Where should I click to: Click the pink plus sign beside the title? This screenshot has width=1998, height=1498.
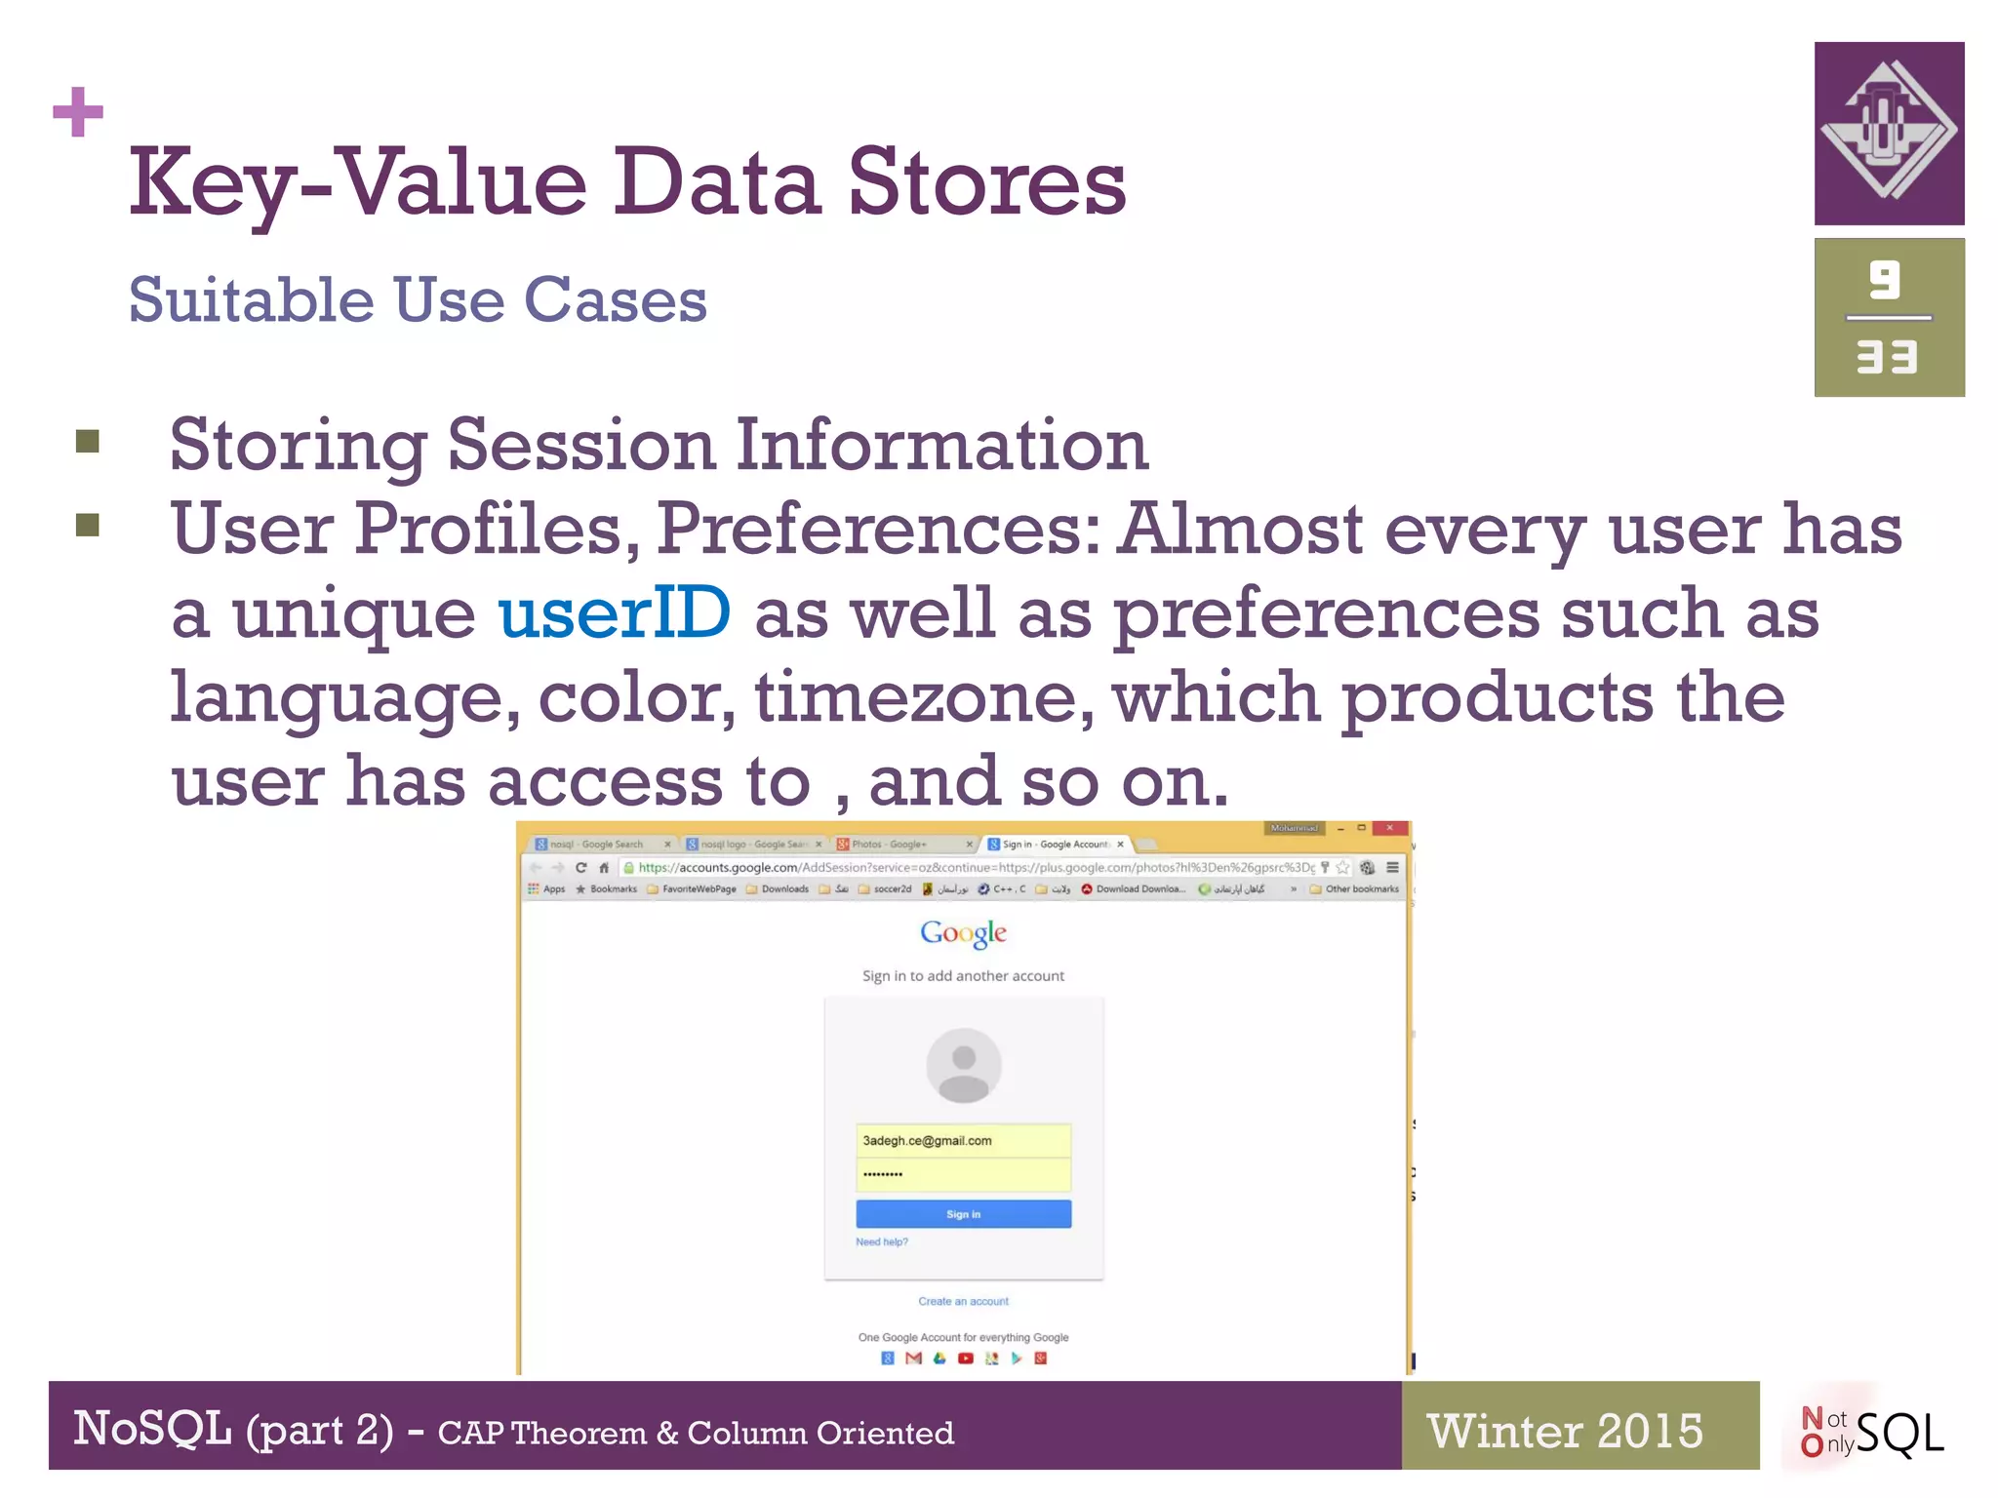pos(78,112)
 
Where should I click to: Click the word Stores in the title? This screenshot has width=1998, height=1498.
pos(986,182)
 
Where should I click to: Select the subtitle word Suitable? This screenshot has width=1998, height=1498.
pos(251,299)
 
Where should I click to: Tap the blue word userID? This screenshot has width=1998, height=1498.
pos(614,612)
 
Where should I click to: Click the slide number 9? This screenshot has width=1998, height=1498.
pos(1885,281)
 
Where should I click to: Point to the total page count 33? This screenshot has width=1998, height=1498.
pos(1887,357)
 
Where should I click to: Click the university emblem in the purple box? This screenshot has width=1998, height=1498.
pos(1889,132)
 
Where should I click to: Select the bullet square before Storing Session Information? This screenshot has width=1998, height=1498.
pos(88,442)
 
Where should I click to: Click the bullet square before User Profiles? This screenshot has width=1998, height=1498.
pos(88,526)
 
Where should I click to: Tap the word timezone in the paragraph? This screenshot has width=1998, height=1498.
pos(924,697)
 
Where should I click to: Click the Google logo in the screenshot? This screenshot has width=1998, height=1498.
pos(963,933)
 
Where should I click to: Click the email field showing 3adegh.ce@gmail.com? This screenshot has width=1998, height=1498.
pos(963,1140)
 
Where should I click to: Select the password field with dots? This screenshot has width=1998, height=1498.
pos(963,1174)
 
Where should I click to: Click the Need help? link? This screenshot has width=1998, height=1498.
pos(881,1242)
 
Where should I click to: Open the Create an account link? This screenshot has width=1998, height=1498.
pos(963,1301)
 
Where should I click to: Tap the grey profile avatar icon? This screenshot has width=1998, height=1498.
pos(963,1065)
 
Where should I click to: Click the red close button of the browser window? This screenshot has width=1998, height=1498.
pos(1389,828)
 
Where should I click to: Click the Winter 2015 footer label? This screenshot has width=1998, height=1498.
pos(1565,1431)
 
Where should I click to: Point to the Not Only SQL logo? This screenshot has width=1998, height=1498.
pos(1871,1432)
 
